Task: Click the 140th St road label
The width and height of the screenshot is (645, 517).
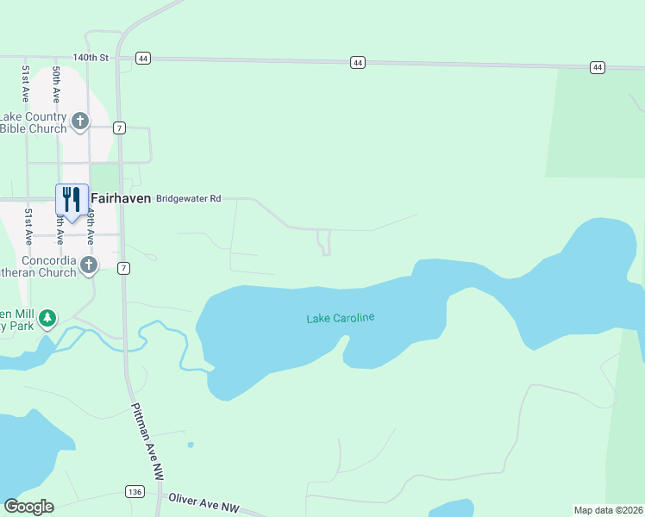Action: [90, 58]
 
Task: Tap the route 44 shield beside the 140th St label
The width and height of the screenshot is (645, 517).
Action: [142, 59]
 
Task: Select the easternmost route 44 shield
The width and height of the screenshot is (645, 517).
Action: [597, 66]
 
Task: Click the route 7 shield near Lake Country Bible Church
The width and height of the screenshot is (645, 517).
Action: [120, 128]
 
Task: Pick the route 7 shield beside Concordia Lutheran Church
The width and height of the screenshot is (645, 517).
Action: [124, 268]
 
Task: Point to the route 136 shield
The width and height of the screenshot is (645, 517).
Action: [134, 491]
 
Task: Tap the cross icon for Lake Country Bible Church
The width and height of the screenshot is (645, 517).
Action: [80, 121]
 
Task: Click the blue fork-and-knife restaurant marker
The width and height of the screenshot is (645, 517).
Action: [71, 199]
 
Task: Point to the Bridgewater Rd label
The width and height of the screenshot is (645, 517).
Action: [188, 199]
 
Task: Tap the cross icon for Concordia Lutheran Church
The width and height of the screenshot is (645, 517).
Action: [89, 266]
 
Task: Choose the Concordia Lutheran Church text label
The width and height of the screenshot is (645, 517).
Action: [39, 266]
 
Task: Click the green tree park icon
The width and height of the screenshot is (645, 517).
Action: [49, 320]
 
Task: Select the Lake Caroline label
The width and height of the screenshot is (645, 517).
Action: [341, 319]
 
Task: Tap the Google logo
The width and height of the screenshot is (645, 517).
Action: [28, 507]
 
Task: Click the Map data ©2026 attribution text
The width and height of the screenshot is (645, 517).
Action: [608, 510]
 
